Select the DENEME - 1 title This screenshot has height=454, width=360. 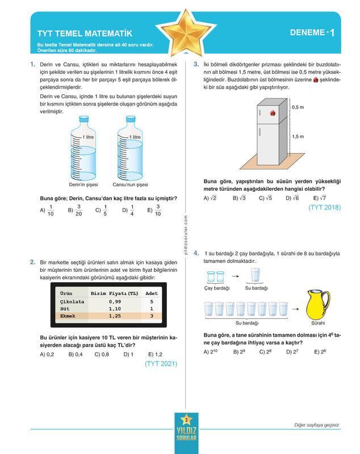[312, 33]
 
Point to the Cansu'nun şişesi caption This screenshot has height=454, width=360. [130, 184]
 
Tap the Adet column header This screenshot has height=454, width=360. [152, 293]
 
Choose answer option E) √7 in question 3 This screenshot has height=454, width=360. [320, 198]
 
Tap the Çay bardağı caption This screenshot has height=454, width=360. [216, 288]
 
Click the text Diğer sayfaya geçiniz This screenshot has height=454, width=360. [317, 425]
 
